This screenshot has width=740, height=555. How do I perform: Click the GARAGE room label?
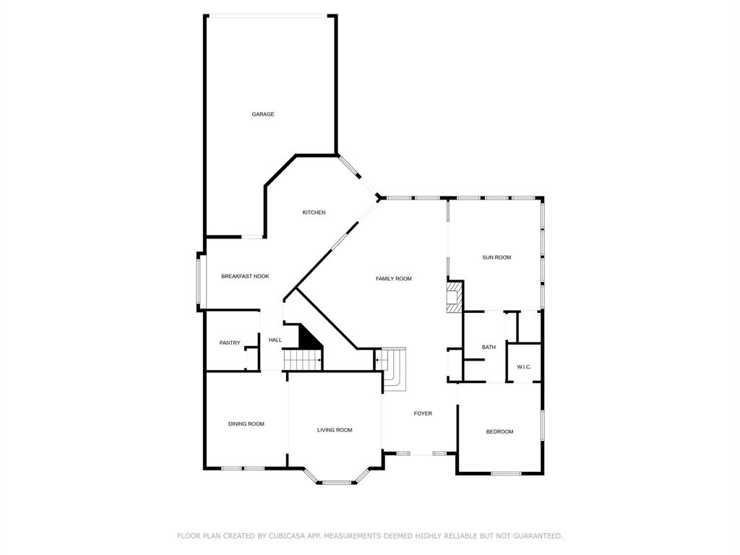point(263,114)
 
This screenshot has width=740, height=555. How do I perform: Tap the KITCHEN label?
point(314,212)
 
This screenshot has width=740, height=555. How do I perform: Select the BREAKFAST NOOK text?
point(245,276)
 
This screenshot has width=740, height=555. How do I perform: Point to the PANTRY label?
point(230,343)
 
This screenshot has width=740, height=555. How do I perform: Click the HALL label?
point(275,340)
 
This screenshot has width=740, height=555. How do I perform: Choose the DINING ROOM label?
point(246,424)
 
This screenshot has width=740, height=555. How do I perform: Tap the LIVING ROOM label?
point(335,430)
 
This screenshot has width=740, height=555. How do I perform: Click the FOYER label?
point(423,413)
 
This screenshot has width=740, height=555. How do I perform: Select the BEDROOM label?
point(499,431)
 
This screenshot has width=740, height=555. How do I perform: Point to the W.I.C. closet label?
point(524,367)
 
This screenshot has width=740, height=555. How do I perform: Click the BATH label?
point(489,348)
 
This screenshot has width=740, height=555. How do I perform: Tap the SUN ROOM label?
point(496,257)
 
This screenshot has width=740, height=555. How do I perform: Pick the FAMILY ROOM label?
point(394,278)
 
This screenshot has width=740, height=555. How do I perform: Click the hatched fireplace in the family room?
point(453,298)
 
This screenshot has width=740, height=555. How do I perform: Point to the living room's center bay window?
point(335,482)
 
